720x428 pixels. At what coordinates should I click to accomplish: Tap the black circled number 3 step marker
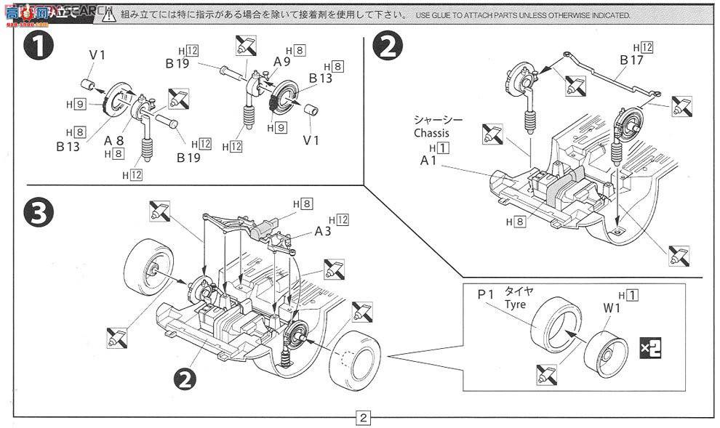click(39, 212)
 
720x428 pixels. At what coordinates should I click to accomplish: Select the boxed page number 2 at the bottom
click(362, 418)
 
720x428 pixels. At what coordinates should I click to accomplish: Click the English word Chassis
click(431, 133)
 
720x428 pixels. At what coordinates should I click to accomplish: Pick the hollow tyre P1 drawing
click(555, 328)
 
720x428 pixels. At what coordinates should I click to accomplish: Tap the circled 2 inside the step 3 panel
click(185, 376)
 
